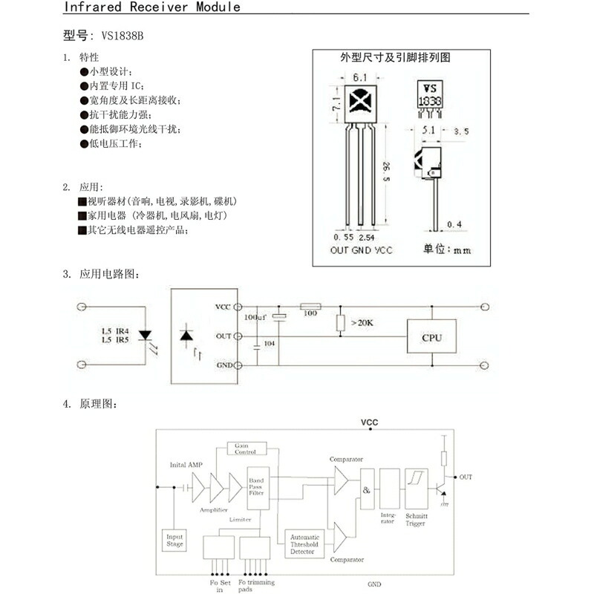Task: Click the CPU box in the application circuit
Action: tap(431, 337)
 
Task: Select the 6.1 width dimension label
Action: tap(361, 78)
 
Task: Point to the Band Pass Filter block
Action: tap(256, 486)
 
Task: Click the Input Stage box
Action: tap(174, 541)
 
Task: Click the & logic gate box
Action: tap(367, 490)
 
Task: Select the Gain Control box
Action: tap(245, 448)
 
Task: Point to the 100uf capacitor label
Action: tap(255, 317)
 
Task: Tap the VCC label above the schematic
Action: tap(369, 422)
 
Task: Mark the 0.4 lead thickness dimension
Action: tap(454, 223)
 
